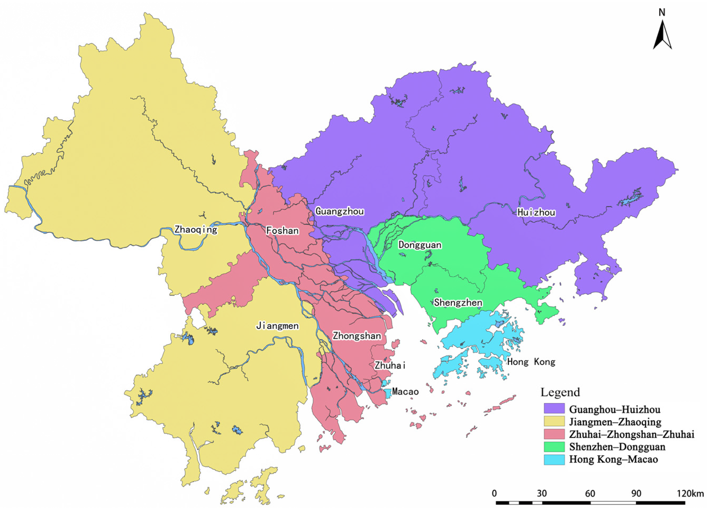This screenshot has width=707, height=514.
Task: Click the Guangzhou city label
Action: click(339, 211)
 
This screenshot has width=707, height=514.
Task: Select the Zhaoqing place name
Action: click(195, 229)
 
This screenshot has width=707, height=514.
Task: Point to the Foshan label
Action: click(282, 231)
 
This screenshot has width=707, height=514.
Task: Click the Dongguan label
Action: click(419, 245)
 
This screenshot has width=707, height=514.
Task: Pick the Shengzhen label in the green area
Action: click(458, 302)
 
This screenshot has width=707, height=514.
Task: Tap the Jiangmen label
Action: click(277, 326)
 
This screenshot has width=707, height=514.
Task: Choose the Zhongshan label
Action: click(357, 336)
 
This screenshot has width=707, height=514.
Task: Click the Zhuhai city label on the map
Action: click(390, 365)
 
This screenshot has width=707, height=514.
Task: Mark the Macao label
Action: click(405, 391)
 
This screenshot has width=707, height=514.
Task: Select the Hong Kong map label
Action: click(531, 362)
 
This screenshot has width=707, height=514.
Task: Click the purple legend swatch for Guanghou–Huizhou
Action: click(554, 409)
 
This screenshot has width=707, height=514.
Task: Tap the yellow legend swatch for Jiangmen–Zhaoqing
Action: click(554, 421)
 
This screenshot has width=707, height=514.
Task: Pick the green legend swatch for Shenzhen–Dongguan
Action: click(554, 447)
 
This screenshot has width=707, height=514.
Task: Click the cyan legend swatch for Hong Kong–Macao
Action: click(554, 459)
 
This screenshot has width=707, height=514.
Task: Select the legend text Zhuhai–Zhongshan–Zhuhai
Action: click(632, 434)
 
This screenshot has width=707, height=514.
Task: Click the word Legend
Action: click(560, 392)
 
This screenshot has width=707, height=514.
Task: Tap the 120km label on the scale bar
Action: click(690, 493)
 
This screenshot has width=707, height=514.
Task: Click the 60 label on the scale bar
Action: click(590, 493)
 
